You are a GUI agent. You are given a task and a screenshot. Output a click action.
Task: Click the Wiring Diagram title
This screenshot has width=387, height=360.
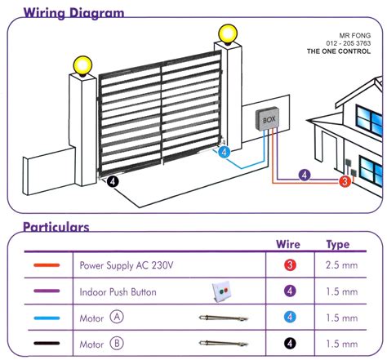pos(73,12)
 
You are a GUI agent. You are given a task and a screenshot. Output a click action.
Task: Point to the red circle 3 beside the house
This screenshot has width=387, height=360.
pos(344,181)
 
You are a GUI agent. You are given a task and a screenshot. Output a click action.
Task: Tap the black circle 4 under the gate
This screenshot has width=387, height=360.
pos(112,182)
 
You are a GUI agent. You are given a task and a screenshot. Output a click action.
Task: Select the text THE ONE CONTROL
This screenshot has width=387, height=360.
pos(343,51)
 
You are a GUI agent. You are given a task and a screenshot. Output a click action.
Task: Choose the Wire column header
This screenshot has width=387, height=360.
pos(288,244)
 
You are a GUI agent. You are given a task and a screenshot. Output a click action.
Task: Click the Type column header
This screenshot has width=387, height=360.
pos(337,244)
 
